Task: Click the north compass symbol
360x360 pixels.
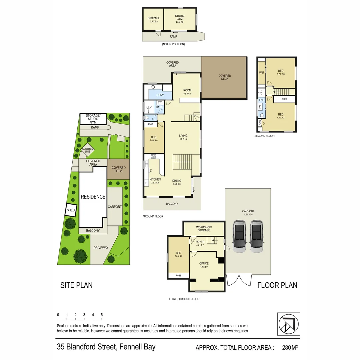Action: (x=288, y=324)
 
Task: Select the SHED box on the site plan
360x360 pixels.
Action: (x=71, y=210)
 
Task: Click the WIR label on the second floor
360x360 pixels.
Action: (x=261, y=73)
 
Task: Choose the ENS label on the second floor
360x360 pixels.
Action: (x=261, y=100)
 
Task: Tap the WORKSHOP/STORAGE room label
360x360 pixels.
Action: (x=204, y=229)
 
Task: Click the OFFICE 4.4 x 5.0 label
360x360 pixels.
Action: (x=204, y=265)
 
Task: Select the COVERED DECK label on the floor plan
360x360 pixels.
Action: (x=224, y=77)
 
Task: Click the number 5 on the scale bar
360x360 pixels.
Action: (x=101, y=315)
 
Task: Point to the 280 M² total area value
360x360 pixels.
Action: (x=290, y=348)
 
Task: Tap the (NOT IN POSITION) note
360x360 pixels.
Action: (x=173, y=44)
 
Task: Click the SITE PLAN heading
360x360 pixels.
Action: (x=76, y=285)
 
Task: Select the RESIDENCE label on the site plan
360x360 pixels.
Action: (x=93, y=197)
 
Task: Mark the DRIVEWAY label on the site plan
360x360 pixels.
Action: (x=101, y=248)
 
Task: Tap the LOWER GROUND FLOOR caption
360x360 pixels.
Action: (x=184, y=299)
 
